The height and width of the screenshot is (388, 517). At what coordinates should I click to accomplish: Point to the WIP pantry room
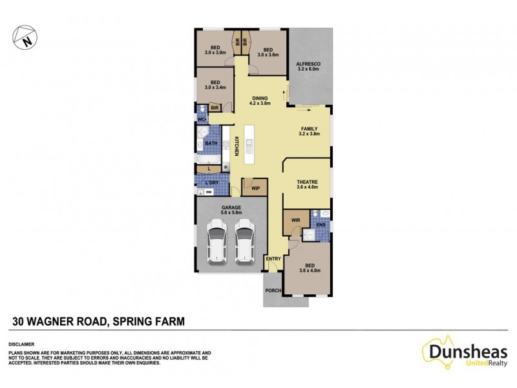click(x=255, y=188)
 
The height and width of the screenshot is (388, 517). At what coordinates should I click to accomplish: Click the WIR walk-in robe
click(x=295, y=221)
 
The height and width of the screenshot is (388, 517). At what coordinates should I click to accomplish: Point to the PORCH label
click(x=273, y=290)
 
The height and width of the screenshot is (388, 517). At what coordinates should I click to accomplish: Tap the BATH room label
click(x=211, y=143)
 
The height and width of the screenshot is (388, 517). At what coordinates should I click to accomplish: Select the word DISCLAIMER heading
click(x=21, y=345)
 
